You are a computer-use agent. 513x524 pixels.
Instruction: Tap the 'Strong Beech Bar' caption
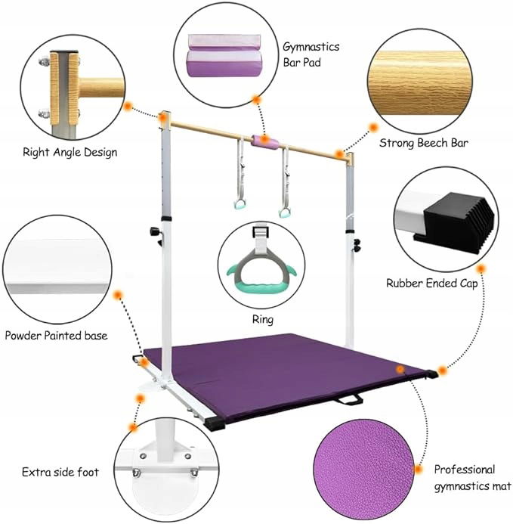(x=424, y=141)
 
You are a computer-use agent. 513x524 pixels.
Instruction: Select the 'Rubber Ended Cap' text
(x=431, y=284)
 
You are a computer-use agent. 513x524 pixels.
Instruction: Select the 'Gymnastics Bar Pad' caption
(x=311, y=54)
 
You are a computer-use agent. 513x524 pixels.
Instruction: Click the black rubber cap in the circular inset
(x=458, y=220)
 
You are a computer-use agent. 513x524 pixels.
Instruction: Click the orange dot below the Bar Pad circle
(x=257, y=99)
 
